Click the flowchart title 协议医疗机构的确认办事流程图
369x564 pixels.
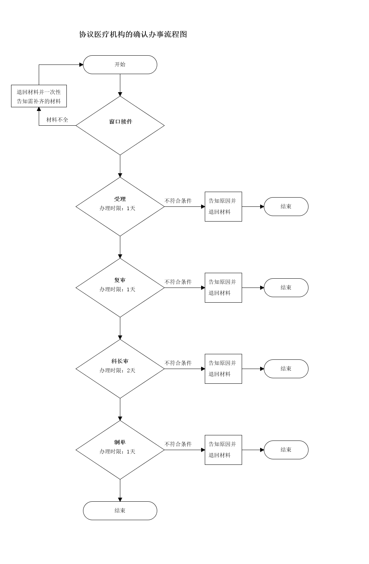(x=133, y=34)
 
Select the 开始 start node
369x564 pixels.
(x=120, y=65)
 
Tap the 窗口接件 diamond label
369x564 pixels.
(x=121, y=122)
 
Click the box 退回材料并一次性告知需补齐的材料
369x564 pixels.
(x=39, y=96)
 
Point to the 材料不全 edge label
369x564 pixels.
(x=57, y=120)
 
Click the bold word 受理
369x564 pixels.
(x=120, y=199)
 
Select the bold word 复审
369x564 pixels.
(x=120, y=280)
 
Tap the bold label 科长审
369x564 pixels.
(x=120, y=361)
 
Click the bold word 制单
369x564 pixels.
(x=120, y=442)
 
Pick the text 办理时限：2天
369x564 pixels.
(x=117, y=370)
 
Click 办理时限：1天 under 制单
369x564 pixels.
(x=117, y=452)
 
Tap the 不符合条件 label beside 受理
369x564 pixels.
(x=178, y=201)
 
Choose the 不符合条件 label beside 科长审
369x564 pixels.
(x=178, y=363)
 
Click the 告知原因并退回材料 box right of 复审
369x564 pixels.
(x=223, y=288)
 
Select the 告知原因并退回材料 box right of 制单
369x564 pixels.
(x=223, y=450)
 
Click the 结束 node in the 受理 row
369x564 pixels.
(x=286, y=207)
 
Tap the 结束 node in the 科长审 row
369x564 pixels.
(x=286, y=369)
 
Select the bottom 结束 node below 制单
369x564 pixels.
(x=120, y=511)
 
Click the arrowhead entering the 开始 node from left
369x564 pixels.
(x=82, y=65)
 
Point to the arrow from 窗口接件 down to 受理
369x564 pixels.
(x=120, y=166)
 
